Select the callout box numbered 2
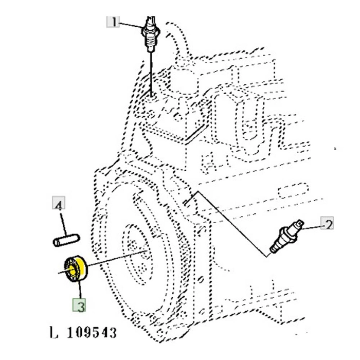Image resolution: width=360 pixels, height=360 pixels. (328, 224)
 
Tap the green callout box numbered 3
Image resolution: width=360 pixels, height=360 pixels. (80, 306)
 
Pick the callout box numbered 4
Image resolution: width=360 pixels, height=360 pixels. (59, 205)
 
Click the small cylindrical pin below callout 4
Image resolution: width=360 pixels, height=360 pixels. (65, 240)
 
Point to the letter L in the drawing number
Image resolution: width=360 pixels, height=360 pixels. (53, 333)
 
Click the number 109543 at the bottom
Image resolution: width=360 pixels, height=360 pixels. (92, 333)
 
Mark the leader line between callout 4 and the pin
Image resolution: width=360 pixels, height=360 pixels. (62, 222)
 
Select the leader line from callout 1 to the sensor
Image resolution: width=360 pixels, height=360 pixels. (131, 24)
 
